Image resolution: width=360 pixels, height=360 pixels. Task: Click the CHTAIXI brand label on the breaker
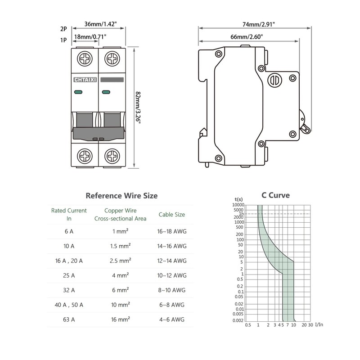(85, 80)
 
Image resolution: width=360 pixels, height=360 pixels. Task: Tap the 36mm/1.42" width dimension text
(100, 24)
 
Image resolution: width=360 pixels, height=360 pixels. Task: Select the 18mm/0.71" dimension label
(90, 37)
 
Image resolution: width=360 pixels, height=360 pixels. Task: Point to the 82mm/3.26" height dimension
(138, 108)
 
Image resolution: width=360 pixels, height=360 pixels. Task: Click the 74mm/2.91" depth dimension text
(258, 24)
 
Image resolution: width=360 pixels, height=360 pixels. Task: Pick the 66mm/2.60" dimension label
(247, 37)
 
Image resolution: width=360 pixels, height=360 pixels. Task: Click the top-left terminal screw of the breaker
(85, 58)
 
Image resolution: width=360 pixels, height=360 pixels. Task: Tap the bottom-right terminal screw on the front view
(112, 156)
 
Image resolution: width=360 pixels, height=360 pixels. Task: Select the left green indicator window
(78, 92)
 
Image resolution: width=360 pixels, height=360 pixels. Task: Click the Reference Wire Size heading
(121, 196)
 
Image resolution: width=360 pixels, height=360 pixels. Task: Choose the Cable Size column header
(172, 215)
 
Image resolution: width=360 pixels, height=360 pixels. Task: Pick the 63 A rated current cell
(69, 319)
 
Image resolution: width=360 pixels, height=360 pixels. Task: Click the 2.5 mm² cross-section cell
(120, 261)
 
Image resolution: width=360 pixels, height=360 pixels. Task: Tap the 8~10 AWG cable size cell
(172, 290)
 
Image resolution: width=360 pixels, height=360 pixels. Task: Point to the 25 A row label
(69, 275)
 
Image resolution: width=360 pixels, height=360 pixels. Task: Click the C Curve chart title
(275, 195)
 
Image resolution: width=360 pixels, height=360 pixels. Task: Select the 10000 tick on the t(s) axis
(238, 205)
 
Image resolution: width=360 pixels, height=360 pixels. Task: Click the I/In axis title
(319, 324)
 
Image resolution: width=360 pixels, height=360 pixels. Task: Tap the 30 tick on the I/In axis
(310, 325)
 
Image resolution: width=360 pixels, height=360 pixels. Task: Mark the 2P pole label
(63, 29)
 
